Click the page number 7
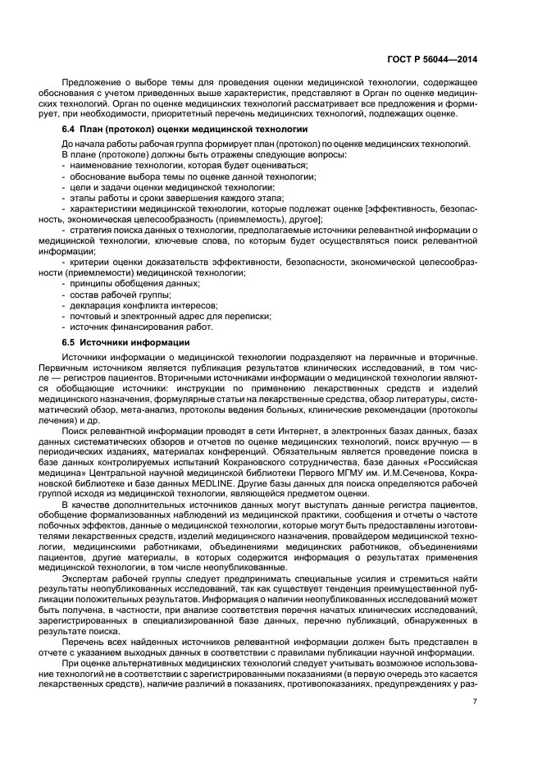click(x=475, y=699)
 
